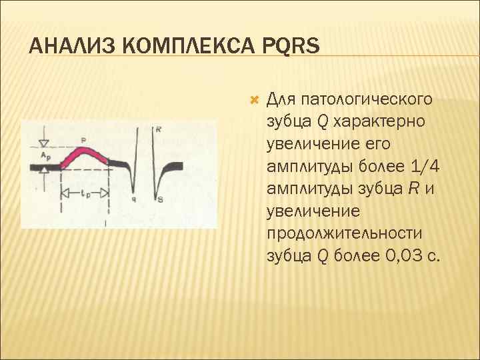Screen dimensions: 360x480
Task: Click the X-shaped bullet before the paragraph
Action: pos(253,100)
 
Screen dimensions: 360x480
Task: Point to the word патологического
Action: pos(367,100)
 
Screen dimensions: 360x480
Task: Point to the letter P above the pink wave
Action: pos(83,139)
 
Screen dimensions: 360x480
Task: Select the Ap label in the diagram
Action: pos(44,155)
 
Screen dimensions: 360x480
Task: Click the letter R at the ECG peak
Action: pos(157,130)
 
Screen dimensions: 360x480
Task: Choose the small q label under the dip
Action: pos(134,199)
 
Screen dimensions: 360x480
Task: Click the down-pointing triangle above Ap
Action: pos(44,143)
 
